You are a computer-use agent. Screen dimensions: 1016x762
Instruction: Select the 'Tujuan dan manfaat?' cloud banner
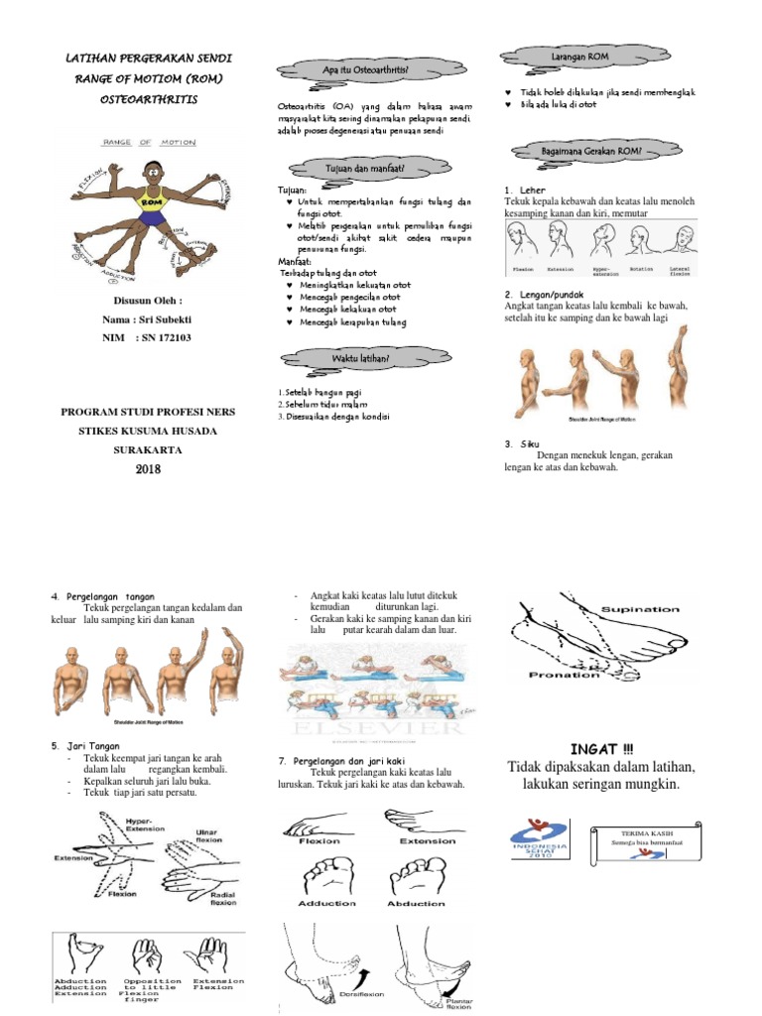[364, 170]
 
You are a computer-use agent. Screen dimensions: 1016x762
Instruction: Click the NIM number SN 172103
[159, 338]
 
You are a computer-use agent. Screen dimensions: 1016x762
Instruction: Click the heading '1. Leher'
[526, 189]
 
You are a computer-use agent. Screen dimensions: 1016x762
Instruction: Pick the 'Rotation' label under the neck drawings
[641, 268]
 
